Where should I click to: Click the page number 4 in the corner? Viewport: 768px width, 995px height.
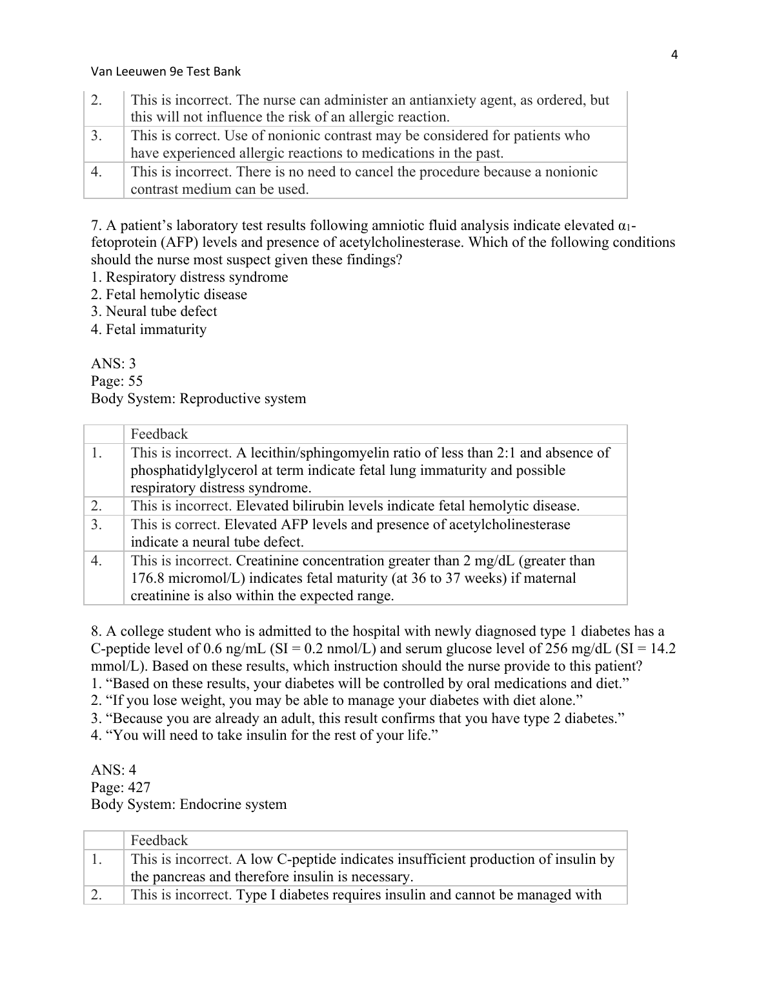point(674,55)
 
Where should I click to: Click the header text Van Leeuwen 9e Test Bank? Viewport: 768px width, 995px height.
point(166,72)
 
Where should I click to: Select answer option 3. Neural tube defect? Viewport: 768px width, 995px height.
point(154,311)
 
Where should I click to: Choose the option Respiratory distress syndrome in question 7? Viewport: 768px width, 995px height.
point(190,277)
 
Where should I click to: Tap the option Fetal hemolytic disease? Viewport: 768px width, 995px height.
point(169,295)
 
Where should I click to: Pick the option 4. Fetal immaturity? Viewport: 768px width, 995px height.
point(149,330)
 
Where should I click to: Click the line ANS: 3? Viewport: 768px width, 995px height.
point(114,364)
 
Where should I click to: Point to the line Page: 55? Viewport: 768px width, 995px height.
point(117,381)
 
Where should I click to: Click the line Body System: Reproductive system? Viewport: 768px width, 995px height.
point(198,399)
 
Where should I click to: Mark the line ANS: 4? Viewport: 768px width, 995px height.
point(114,770)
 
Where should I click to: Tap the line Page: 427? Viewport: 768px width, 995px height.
point(121,788)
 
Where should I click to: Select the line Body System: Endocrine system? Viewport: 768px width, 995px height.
point(188,805)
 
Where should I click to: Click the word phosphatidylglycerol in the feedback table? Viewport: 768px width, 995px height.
point(194,470)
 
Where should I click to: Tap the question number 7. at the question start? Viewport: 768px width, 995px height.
point(96,225)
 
